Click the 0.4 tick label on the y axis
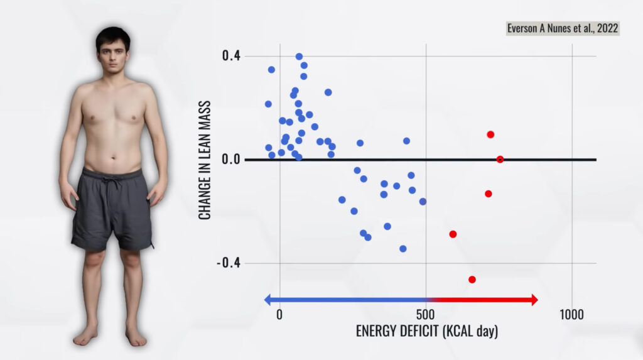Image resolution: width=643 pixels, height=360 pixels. [230, 56]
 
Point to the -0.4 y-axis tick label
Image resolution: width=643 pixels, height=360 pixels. [228, 263]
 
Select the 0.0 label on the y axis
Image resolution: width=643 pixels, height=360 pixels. [230, 160]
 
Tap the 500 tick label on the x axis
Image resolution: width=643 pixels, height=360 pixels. [426, 314]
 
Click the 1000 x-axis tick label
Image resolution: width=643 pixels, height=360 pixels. [571, 314]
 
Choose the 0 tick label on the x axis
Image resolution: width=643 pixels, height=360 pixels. [279, 314]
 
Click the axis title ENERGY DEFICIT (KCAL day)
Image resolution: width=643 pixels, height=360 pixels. [426, 331]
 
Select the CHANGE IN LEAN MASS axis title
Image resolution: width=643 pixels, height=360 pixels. [205, 160]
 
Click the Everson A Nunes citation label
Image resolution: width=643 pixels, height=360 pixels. [563, 29]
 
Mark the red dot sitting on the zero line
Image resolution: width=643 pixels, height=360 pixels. [500, 160]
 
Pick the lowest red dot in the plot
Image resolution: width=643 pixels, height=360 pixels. [472, 280]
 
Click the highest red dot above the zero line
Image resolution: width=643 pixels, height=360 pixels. [490, 134]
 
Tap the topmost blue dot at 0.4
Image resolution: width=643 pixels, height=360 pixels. [299, 57]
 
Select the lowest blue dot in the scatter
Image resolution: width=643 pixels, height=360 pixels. [403, 249]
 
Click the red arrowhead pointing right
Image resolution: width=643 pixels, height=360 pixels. [534, 300]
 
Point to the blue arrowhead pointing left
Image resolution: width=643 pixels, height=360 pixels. [268, 300]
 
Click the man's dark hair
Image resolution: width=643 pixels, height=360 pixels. [113, 36]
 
